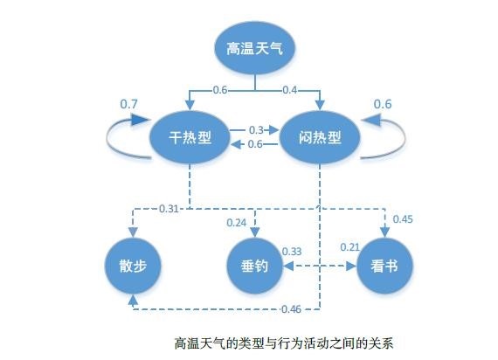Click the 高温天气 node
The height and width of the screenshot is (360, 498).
(x=255, y=48)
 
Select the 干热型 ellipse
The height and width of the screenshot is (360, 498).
(x=190, y=137)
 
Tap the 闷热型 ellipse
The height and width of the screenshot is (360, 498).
(x=320, y=137)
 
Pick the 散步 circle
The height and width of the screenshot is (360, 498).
(x=133, y=266)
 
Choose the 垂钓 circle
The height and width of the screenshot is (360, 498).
(x=254, y=266)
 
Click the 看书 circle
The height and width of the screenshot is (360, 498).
(x=384, y=266)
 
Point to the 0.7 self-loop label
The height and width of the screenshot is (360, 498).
(x=128, y=104)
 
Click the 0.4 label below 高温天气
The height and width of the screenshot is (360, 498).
(x=290, y=90)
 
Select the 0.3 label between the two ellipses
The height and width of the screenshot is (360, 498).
(x=256, y=130)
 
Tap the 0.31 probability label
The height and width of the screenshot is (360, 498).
(x=169, y=209)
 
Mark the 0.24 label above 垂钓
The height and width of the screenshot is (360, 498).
(x=236, y=223)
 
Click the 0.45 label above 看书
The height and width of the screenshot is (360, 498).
(x=403, y=219)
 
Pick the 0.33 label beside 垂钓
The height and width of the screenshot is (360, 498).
(x=292, y=252)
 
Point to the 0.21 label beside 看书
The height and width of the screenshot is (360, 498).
(x=350, y=247)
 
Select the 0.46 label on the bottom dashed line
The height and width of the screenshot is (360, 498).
(x=291, y=308)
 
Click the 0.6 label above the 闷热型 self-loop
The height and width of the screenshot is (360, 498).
(x=383, y=104)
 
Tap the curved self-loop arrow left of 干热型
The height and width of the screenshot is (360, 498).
(x=107, y=140)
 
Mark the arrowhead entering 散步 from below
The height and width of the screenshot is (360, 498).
(x=134, y=300)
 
